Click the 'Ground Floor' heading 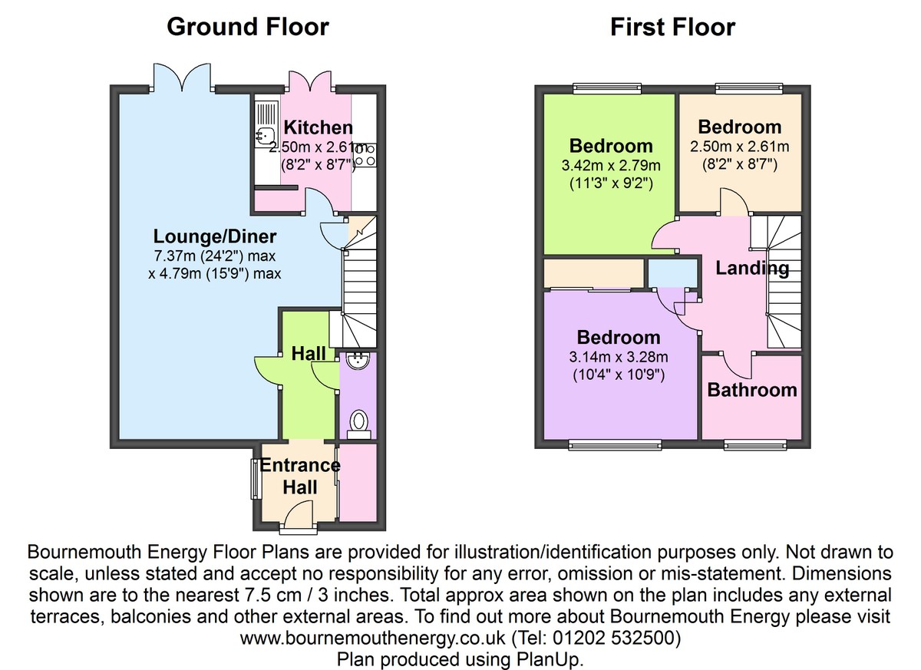pyautogui.click(x=247, y=27)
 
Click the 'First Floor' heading pyautogui.click(x=672, y=27)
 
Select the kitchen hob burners pyautogui.click(x=366, y=154)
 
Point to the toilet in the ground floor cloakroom pyautogui.click(x=358, y=421)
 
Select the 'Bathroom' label pyautogui.click(x=751, y=390)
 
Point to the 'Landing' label pyautogui.click(x=751, y=268)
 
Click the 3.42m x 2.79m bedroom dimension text pyautogui.click(x=611, y=165)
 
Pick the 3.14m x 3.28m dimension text pyautogui.click(x=619, y=357)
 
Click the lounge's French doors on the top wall pyautogui.click(x=181, y=79)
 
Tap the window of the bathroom pyautogui.click(x=755, y=444)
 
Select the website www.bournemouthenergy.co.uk pyautogui.click(x=374, y=638)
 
